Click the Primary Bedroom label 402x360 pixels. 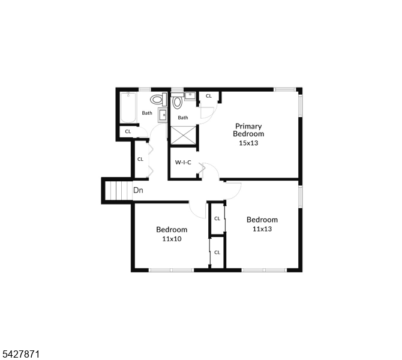point(248,130)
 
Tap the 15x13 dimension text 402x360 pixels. point(248,143)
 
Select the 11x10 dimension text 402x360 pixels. point(172,239)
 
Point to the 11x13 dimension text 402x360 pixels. point(262,229)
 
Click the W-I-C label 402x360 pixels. point(183,163)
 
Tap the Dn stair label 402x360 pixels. point(138,190)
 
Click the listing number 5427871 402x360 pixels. point(20,354)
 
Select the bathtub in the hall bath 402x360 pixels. point(128,107)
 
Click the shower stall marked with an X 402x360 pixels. point(183,135)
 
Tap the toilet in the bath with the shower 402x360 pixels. point(177,101)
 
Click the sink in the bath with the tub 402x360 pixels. point(163,115)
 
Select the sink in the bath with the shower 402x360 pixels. point(190,96)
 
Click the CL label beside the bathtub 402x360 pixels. point(128,131)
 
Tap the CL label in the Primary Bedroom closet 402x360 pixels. point(209,96)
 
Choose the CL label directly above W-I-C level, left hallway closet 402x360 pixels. point(140,159)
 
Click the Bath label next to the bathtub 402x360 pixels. point(147,113)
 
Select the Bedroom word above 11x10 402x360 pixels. point(172,229)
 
